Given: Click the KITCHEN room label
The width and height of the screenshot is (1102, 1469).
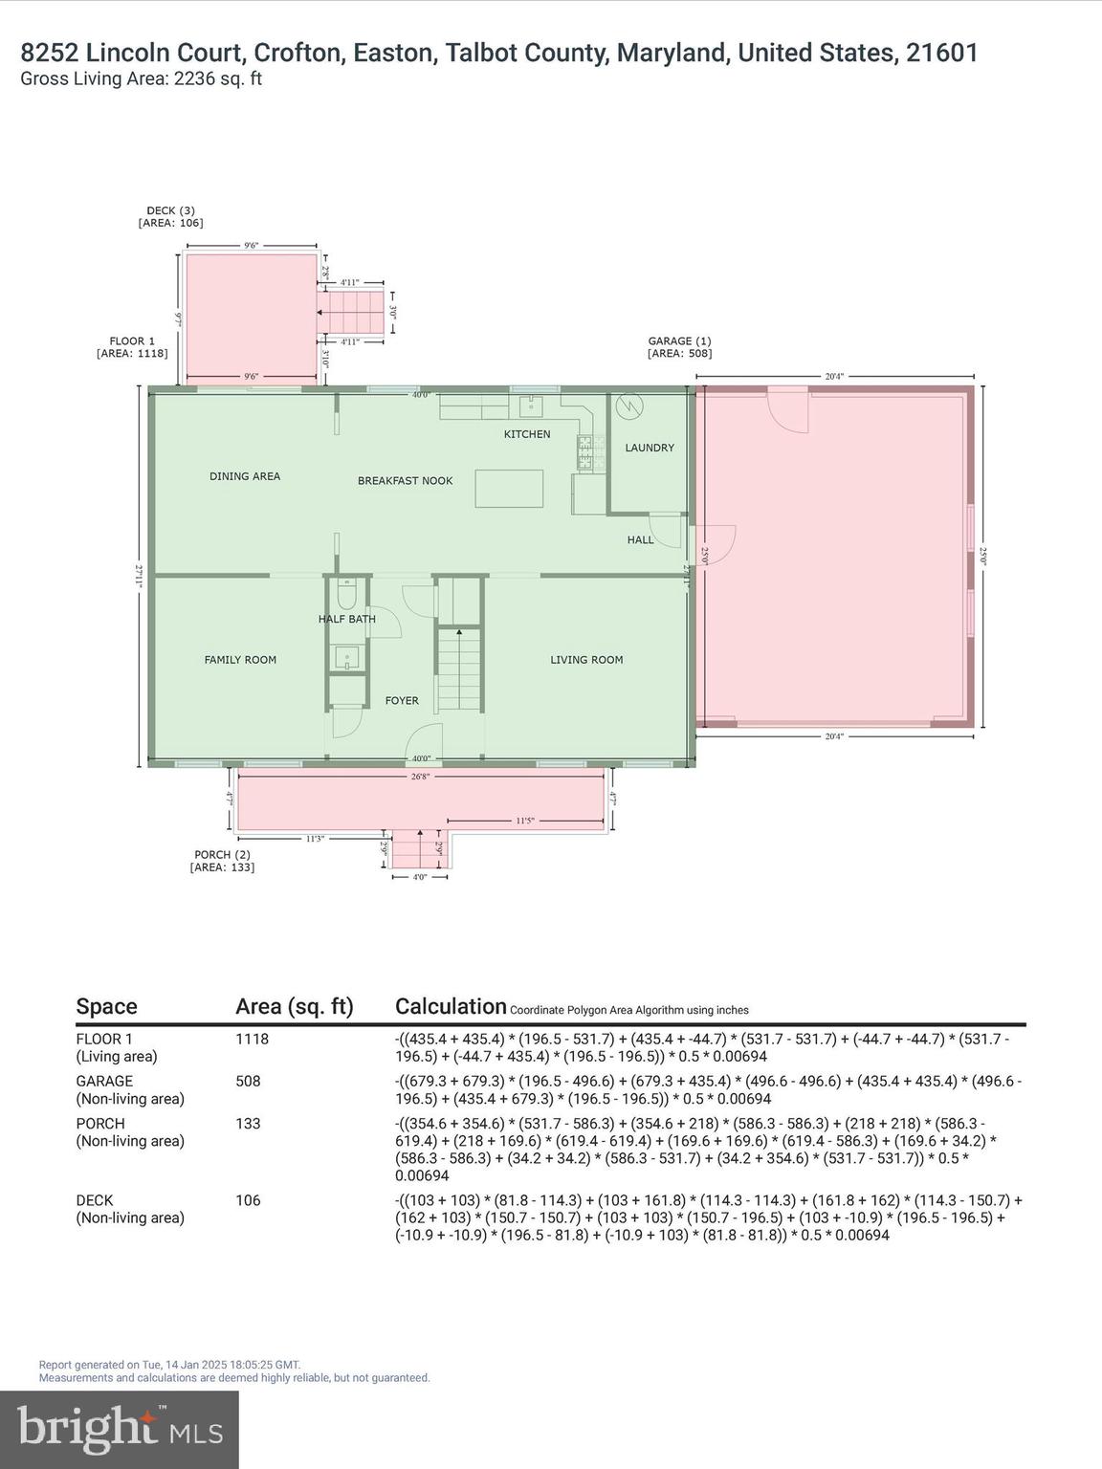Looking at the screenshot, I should click(x=527, y=434).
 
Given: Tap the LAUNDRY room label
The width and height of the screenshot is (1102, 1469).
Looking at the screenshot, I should click(x=649, y=448).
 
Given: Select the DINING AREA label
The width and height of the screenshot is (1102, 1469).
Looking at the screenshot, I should click(x=245, y=476).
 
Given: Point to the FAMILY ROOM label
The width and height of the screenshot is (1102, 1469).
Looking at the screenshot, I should click(x=240, y=660).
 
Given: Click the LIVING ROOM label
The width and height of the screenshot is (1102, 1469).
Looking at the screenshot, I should click(x=586, y=660).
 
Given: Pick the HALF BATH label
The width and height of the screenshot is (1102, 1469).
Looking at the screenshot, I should click(x=347, y=620).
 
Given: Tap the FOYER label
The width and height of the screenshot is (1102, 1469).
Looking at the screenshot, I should click(x=402, y=701).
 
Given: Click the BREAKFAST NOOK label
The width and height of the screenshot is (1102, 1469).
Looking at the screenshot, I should click(x=405, y=481).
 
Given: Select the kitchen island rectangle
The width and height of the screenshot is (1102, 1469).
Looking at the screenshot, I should click(x=508, y=488).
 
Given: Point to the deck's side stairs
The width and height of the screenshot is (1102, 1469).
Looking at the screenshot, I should click(x=350, y=312).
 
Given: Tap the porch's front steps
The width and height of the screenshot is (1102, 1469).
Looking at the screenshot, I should click(x=420, y=848).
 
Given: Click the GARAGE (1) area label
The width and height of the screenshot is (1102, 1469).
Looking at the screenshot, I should click(x=679, y=347).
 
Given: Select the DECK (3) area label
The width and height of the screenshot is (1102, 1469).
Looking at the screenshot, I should click(x=170, y=216).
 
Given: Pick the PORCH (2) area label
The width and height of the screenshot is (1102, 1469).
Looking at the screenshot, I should click(x=222, y=861).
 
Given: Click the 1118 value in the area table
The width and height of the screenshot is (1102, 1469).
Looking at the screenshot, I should click(x=253, y=1040).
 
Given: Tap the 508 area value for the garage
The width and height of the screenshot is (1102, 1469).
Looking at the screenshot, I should click(x=248, y=1082).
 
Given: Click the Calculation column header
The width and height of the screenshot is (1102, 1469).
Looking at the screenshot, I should click(x=451, y=1006).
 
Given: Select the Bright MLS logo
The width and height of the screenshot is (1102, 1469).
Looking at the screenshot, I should click(x=120, y=1429).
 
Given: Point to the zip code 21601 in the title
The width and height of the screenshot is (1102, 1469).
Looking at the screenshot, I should click(x=942, y=53).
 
